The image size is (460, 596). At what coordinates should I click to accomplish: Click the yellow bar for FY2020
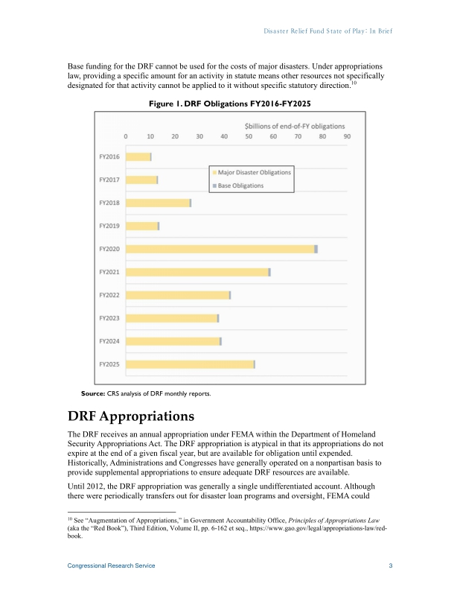coord(220,249)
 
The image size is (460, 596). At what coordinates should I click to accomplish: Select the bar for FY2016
coord(138,156)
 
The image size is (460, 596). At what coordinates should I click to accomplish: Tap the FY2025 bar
coord(190,364)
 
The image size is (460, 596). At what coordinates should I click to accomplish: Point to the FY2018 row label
coord(109,203)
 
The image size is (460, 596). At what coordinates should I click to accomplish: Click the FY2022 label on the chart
coord(109,295)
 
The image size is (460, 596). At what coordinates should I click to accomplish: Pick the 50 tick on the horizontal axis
coord(249,136)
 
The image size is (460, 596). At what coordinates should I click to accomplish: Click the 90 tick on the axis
coord(347,136)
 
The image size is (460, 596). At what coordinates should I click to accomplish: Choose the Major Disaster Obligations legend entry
coord(254,172)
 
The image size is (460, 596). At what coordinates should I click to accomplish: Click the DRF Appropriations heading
coord(131,415)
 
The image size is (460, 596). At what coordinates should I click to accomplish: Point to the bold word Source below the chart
coord(93,393)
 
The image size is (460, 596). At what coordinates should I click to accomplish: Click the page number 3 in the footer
coord(391,566)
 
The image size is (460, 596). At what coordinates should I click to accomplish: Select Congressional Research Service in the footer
coord(112,566)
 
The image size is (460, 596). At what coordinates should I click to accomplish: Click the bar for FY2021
coord(197,272)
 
